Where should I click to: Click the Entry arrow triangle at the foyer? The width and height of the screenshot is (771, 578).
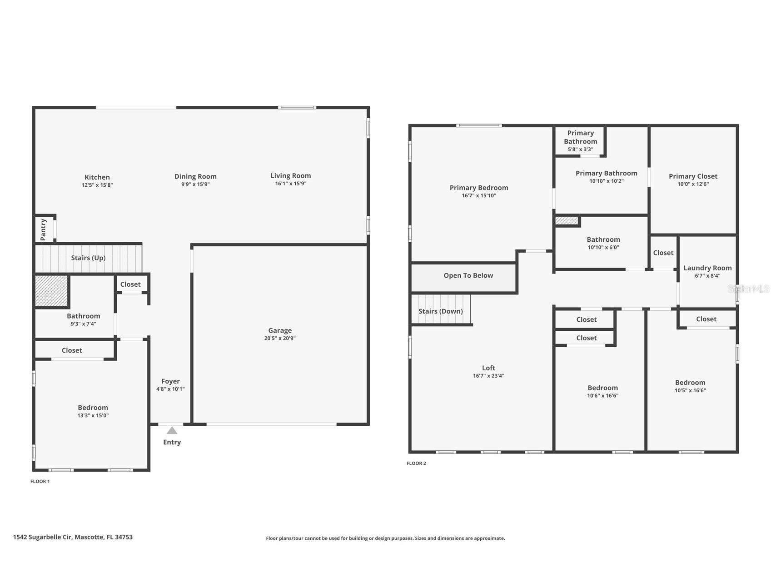172,430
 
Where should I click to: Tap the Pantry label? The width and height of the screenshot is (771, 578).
43,229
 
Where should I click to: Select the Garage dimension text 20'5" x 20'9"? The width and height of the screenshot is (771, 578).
280,339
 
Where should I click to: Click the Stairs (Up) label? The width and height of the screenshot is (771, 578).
88,258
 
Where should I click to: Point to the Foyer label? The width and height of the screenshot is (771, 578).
170,381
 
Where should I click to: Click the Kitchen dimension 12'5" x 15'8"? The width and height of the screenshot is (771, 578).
97,185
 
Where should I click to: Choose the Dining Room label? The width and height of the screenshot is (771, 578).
195,177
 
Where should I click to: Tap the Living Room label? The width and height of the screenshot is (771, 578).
291,176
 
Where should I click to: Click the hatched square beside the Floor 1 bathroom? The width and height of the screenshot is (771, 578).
51,290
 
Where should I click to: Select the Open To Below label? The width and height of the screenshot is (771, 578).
468,275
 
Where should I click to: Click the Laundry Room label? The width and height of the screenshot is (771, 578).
707,268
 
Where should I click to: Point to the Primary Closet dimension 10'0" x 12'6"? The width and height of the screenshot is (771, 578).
693,184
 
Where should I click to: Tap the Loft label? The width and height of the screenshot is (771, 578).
488,368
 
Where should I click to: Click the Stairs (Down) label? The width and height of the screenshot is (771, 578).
441,311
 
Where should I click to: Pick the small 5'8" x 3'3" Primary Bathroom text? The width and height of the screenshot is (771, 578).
580,149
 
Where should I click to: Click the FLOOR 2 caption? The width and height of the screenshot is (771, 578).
416,463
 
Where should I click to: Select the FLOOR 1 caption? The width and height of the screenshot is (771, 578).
40,482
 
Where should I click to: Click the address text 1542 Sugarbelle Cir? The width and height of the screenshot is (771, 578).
42,537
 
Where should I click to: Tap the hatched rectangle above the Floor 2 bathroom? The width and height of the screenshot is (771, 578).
567,220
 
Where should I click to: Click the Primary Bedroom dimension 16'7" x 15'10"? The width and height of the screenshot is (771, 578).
479,196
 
